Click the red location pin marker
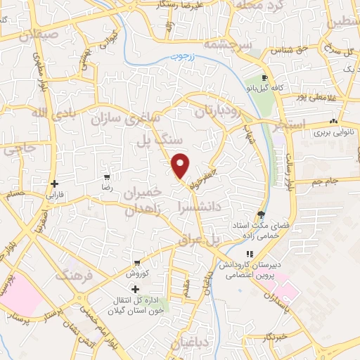pos(181,165)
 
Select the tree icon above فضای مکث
pos(262,215)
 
